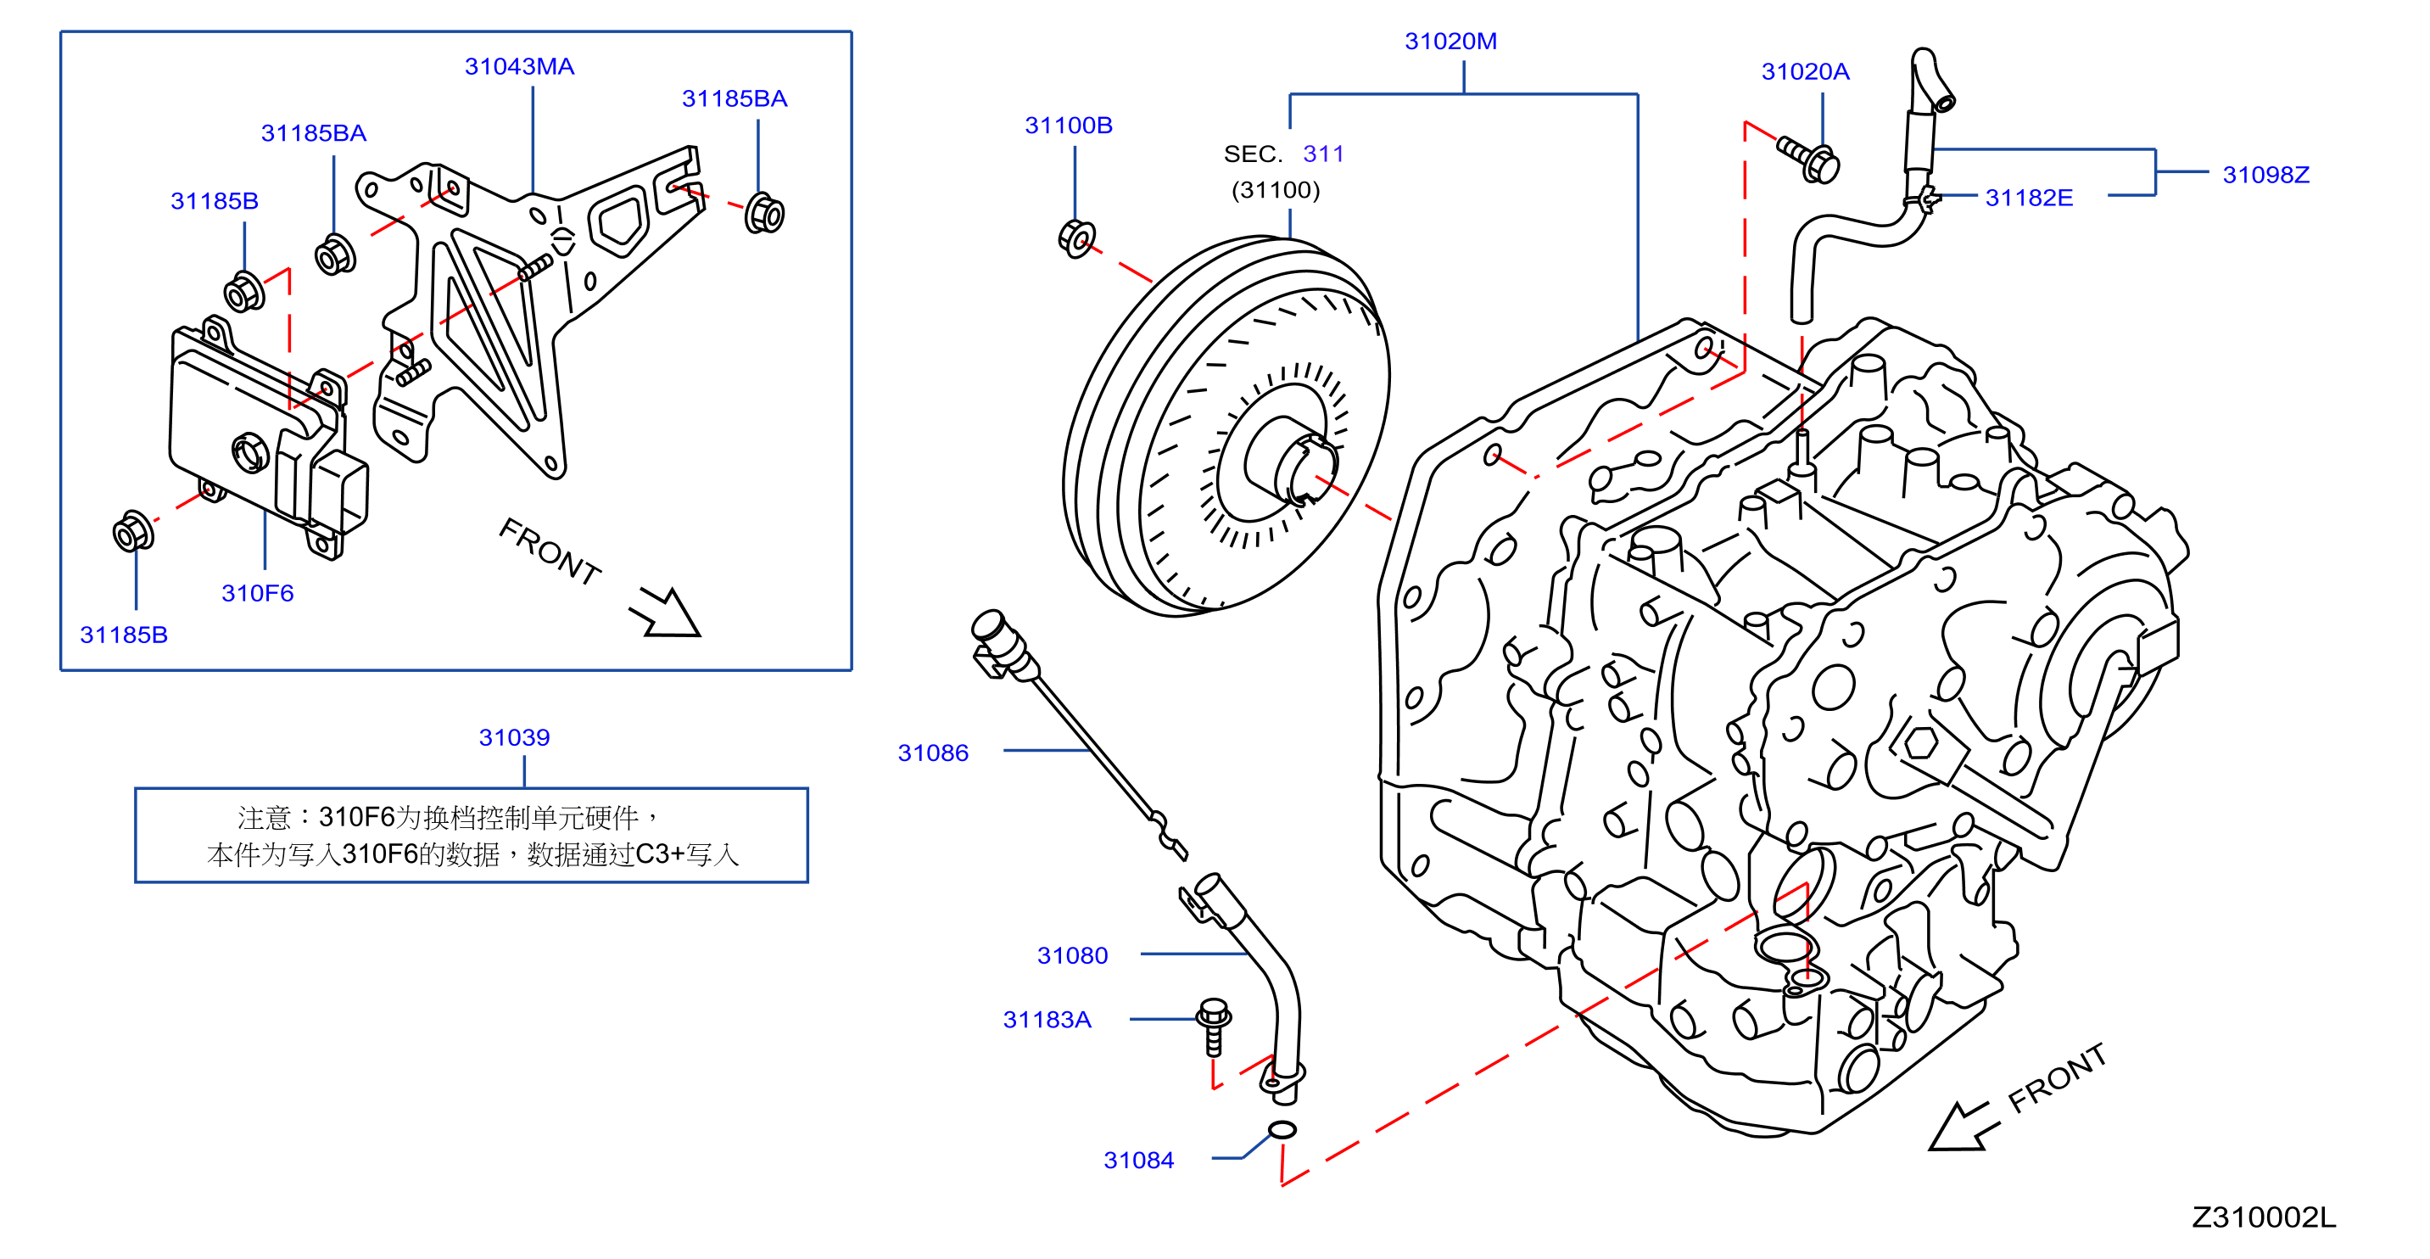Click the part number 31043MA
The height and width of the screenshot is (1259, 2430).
click(x=519, y=67)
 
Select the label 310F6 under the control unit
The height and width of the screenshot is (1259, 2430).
click(x=258, y=594)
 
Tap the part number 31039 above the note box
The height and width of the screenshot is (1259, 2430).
click(x=514, y=738)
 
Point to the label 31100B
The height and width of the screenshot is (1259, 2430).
click(x=1069, y=126)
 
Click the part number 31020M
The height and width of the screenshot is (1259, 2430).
click(x=1451, y=42)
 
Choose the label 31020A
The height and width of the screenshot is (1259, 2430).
click(x=1806, y=72)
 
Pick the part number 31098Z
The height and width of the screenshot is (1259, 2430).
click(x=2265, y=175)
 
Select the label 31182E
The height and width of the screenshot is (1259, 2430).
click(x=2029, y=199)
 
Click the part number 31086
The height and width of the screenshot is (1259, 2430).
click(x=933, y=753)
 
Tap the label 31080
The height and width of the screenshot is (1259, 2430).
click(x=1073, y=956)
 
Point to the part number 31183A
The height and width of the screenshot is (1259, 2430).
click(x=1047, y=1021)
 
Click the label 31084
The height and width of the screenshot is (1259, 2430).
click(x=1138, y=1161)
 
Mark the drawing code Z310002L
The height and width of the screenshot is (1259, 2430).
click(x=2263, y=1218)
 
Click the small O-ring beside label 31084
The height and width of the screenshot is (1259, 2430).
click(x=1282, y=1130)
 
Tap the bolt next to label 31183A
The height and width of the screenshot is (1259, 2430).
click(x=1213, y=1026)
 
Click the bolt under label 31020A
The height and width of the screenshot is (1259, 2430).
click(x=1809, y=159)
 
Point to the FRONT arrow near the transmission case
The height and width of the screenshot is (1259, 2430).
click(x=1962, y=1127)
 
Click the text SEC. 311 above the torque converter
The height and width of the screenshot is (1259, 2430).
click(x=1283, y=154)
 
